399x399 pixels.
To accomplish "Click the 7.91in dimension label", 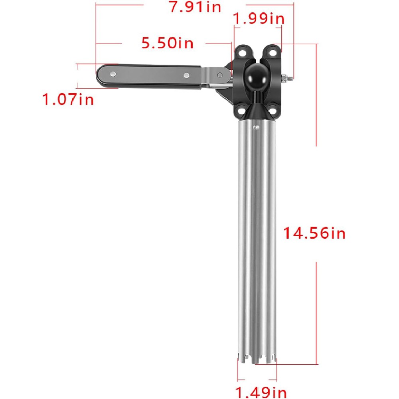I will (195, 7).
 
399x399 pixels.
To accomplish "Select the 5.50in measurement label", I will (168, 43).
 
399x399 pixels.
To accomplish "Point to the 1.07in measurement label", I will (68, 99).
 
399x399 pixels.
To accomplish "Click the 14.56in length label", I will (314, 233).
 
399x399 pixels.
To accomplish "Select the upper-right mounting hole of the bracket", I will (273, 51).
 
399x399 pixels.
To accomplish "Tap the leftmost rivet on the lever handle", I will (114, 74).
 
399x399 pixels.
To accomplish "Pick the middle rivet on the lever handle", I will (186, 75).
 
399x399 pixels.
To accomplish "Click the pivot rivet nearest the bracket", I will (220, 74).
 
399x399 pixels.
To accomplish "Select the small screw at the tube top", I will (255, 127).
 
